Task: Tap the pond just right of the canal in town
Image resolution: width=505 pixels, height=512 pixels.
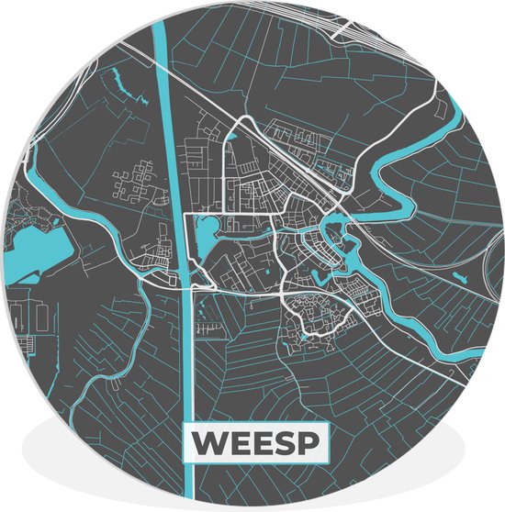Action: coord(204,239)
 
